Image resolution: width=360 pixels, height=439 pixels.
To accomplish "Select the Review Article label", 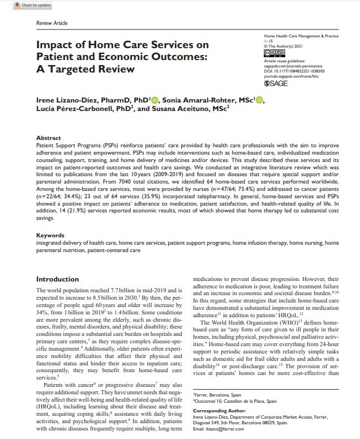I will click(x=52, y=23).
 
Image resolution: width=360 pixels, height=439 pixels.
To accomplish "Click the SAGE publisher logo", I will click(x=276, y=82).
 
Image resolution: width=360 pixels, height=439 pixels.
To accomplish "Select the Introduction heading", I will click(x=58, y=279).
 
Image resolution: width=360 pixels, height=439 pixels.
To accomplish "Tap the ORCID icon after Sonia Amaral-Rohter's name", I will click(x=260, y=100).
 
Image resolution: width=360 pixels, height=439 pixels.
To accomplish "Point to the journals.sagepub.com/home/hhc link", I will click(x=294, y=75).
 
